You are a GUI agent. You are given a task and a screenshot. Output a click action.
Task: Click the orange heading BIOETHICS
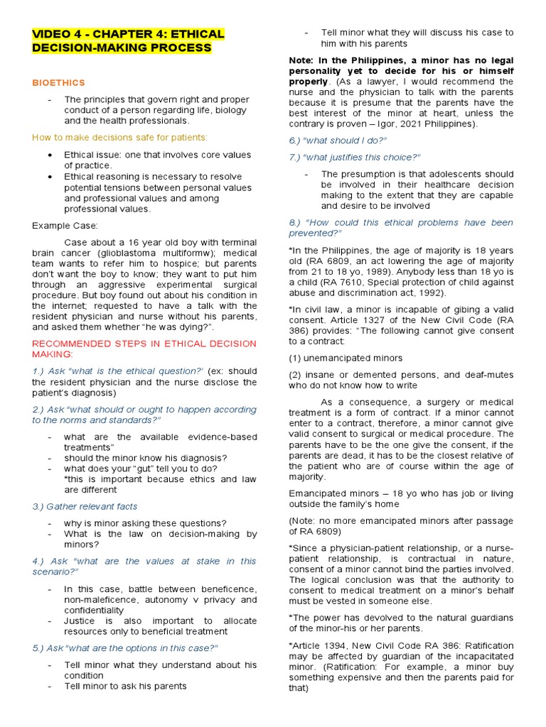tap(58, 83)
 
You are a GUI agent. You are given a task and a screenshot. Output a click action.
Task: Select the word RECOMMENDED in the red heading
tap(65, 344)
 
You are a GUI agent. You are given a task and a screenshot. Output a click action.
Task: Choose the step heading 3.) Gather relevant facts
tap(85, 506)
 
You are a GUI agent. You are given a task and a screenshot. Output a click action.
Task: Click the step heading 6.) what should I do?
tap(338, 140)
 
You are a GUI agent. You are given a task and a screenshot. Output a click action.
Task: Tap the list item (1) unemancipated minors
tap(346, 358)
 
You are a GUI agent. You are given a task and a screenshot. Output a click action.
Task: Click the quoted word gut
tap(141, 469)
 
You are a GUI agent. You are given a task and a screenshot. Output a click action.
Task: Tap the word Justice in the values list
tap(78, 621)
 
